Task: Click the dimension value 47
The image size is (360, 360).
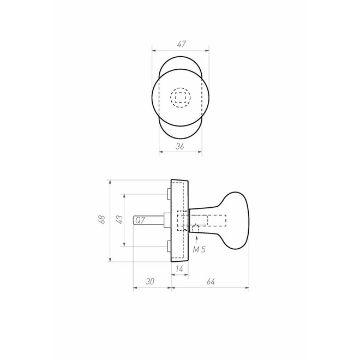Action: tap(181, 44)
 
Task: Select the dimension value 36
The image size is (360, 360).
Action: tap(180, 146)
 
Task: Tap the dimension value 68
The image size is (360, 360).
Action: tap(101, 219)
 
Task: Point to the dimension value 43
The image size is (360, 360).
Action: tap(119, 219)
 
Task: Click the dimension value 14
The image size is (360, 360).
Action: tap(179, 268)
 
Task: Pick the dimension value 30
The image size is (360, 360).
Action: tap(150, 281)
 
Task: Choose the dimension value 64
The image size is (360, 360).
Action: tap(211, 281)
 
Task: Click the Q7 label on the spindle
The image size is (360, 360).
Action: tap(140, 220)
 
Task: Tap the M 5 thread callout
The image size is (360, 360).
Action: tap(199, 249)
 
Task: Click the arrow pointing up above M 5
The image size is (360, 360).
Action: tap(196, 240)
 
